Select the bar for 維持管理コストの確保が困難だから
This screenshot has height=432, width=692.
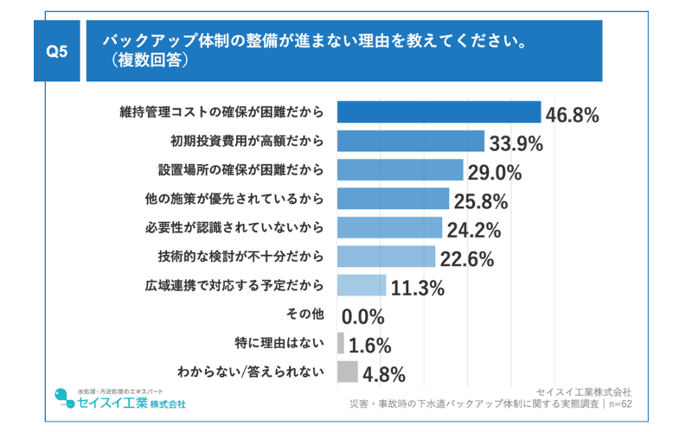point(438,112)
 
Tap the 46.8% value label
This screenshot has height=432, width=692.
point(571,115)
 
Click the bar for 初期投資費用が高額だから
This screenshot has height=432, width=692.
point(410,141)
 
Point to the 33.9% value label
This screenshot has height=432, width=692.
point(516,143)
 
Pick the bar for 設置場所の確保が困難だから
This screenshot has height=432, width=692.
point(400,170)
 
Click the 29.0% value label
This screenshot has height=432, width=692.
point(495,173)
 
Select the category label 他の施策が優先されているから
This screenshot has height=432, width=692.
point(234,200)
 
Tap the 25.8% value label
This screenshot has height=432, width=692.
point(480,202)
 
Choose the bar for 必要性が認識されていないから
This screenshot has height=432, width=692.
point(389,228)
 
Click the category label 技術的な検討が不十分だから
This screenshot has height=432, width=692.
point(240,257)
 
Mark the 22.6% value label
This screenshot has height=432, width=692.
point(466,259)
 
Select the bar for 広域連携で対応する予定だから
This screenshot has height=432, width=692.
point(361,286)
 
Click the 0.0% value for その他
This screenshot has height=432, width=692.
point(363,317)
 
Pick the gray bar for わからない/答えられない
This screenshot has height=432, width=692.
point(347,372)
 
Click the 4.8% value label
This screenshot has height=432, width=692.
point(384,375)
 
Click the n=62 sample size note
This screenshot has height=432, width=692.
point(618,403)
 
